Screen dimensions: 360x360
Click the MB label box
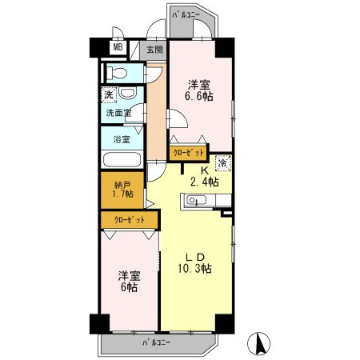(118, 47)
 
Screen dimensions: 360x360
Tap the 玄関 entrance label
(154, 49)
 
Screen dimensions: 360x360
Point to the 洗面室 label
(118, 113)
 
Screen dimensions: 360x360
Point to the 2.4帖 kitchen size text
(202, 182)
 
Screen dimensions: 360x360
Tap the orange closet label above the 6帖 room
(129, 218)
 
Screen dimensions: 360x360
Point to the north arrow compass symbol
(259, 344)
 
